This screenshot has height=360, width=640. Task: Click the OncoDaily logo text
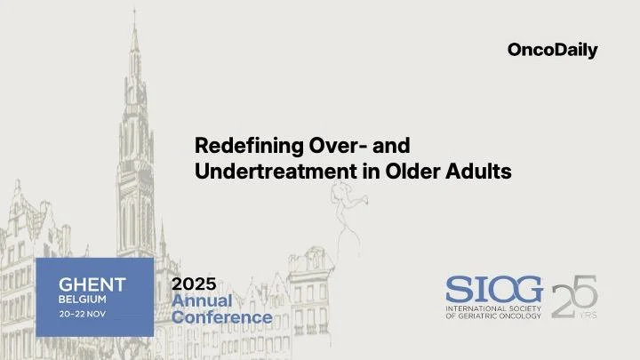point(552,51)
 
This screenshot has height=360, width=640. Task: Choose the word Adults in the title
point(480,171)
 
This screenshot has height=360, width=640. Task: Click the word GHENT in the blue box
point(92,284)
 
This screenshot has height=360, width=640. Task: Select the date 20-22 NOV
point(86,315)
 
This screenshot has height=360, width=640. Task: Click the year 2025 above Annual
point(193,284)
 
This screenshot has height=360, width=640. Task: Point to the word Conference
point(221,316)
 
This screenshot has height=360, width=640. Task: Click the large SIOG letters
point(493,290)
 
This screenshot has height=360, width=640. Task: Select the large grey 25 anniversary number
point(573,296)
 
